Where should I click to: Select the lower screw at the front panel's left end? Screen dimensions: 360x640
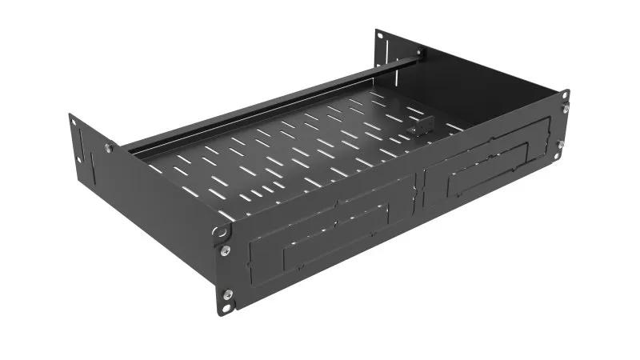click(x=226, y=294)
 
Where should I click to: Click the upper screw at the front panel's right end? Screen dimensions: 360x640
click(x=565, y=110)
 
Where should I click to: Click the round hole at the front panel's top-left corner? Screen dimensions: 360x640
click(x=217, y=231)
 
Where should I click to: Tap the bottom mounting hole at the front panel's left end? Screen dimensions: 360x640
click(x=230, y=305)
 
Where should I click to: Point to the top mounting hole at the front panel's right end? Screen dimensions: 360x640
click(x=566, y=95)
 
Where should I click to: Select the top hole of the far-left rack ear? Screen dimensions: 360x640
click(x=74, y=122)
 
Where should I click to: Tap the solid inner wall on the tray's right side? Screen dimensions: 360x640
click(x=496, y=88)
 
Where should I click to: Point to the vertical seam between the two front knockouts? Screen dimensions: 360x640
click(x=418, y=196)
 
